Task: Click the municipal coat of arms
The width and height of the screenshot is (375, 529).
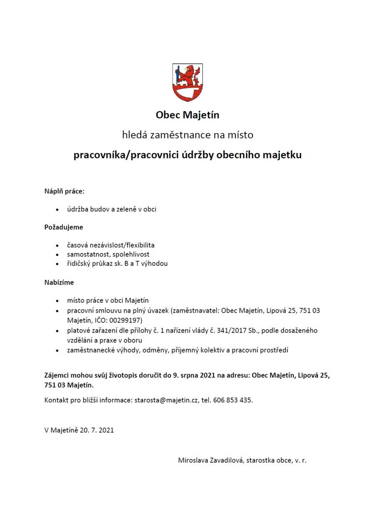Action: (187, 82)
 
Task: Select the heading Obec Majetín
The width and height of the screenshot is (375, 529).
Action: (187, 114)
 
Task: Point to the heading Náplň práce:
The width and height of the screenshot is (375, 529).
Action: (65, 191)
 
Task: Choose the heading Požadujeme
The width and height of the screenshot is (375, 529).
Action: (64, 227)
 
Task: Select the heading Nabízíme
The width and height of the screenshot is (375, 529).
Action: (59, 282)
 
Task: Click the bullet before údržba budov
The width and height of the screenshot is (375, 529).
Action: (57, 210)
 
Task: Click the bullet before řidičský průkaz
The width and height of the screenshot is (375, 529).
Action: (57, 264)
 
